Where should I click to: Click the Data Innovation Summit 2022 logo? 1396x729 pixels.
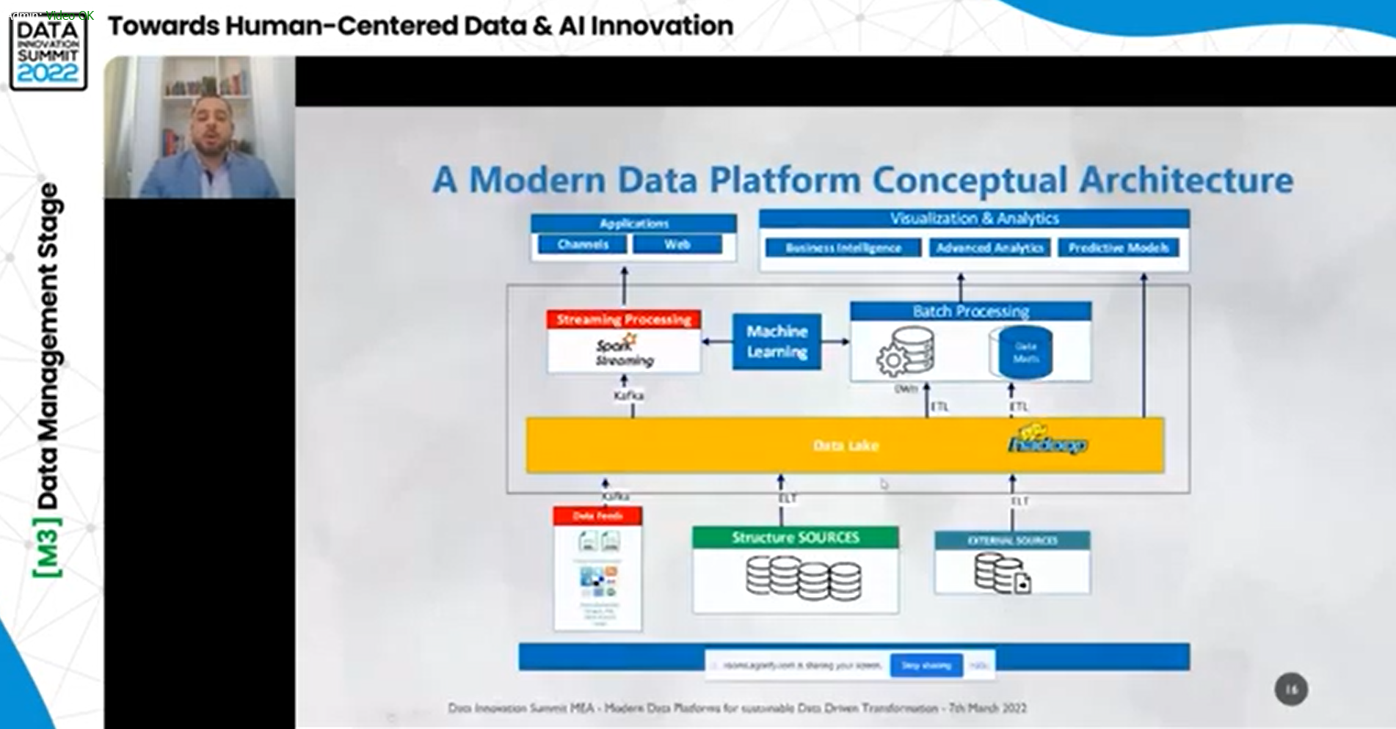pos(48,52)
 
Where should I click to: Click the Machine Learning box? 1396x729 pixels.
pos(777,342)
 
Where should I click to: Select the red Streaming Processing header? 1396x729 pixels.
pos(623,320)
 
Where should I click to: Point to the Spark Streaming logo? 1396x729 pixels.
pos(621,351)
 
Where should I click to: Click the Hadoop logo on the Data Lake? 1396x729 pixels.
pos(1047,440)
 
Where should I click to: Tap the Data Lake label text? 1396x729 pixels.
pos(846,445)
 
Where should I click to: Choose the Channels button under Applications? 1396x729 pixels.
pos(582,244)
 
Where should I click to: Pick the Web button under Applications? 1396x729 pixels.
pos(677,244)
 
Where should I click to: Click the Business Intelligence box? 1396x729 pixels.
pos(843,248)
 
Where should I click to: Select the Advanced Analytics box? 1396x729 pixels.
pos(989,248)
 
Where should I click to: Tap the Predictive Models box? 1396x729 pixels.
pos(1118,248)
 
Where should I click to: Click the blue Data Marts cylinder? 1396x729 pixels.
pos(1025,353)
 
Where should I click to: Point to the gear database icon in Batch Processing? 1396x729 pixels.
pos(906,351)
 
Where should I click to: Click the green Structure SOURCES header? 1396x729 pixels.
pos(795,538)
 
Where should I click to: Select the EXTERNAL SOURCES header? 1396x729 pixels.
pos(1012,541)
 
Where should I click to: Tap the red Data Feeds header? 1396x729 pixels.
pos(597,516)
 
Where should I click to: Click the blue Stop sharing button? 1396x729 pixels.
pos(926,665)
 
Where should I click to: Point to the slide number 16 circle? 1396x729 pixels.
pos(1290,689)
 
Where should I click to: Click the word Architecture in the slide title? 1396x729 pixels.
pos(1185,180)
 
